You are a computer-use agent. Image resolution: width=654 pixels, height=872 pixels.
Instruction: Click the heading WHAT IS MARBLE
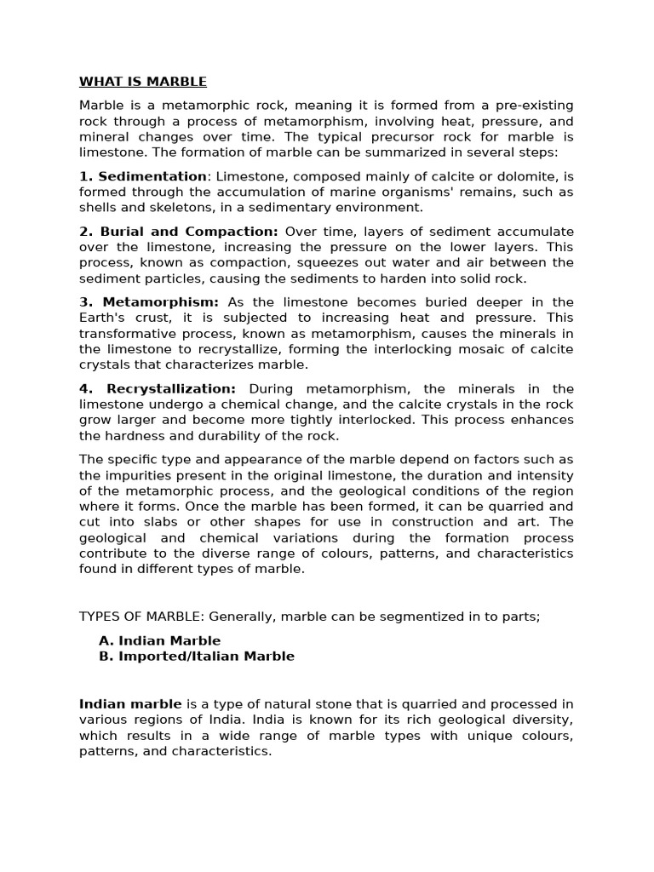tap(143, 82)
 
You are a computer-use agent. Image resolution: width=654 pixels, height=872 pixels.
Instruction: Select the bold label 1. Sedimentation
tap(143, 176)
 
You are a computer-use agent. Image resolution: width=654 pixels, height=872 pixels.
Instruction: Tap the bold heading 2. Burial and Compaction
tap(179, 232)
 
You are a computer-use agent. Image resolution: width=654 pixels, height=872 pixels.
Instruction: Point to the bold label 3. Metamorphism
tap(149, 302)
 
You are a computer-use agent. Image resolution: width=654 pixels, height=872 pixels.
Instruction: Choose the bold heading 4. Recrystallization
tap(158, 389)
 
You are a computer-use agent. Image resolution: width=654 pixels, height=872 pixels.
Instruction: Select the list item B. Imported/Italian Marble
tap(197, 656)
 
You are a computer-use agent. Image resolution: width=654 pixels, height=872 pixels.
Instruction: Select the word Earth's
tap(103, 318)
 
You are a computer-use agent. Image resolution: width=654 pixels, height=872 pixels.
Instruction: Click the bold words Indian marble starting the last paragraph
tap(130, 703)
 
